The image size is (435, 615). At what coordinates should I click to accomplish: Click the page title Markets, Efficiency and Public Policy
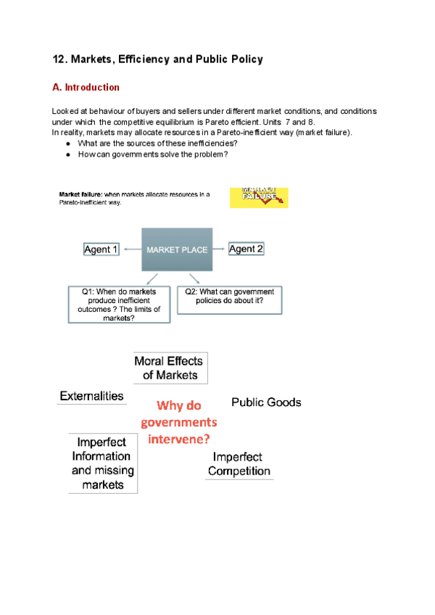[x=157, y=59]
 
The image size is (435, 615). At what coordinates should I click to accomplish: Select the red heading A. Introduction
[x=86, y=88]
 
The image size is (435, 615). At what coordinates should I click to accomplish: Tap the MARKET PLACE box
[x=178, y=249]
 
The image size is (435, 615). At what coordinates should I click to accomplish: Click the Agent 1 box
[x=101, y=249]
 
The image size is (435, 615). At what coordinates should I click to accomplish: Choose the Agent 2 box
[x=246, y=249]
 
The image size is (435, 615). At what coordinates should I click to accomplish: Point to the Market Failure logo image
[x=259, y=197]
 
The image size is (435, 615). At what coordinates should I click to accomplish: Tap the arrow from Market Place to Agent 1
[x=131, y=249]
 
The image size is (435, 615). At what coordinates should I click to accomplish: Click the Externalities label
[x=91, y=397]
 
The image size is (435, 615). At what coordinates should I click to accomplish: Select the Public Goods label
[x=266, y=402]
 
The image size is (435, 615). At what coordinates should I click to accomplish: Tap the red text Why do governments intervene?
[x=179, y=422]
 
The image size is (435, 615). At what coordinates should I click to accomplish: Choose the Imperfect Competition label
[x=239, y=464]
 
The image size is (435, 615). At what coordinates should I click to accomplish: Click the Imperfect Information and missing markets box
[x=101, y=463]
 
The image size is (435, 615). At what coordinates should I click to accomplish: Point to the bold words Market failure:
[x=80, y=194]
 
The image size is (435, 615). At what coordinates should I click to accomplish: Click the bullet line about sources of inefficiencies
[x=157, y=143]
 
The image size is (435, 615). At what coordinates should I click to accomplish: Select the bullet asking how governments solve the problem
[x=152, y=154]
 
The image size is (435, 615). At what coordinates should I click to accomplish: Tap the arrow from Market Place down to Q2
[x=194, y=278]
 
